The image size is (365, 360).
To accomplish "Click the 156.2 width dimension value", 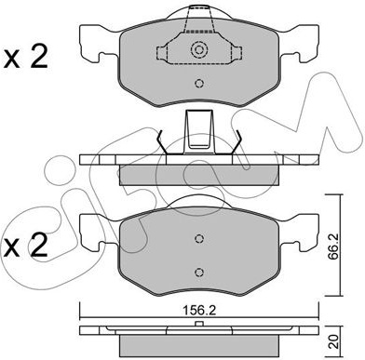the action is click(x=199, y=310).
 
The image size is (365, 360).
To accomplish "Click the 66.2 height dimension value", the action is click(x=332, y=245).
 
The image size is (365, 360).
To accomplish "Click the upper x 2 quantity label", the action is click(x=25, y=57).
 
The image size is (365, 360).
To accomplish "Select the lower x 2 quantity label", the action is click(x=25, y=246).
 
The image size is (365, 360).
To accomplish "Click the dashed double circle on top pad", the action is click(x=198, y=49).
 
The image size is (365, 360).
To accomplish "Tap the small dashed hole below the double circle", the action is click(x=199, y=83).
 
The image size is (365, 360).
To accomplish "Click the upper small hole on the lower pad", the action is click(x=199, y=238).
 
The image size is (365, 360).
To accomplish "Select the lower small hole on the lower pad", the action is click(x=199, y=272).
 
